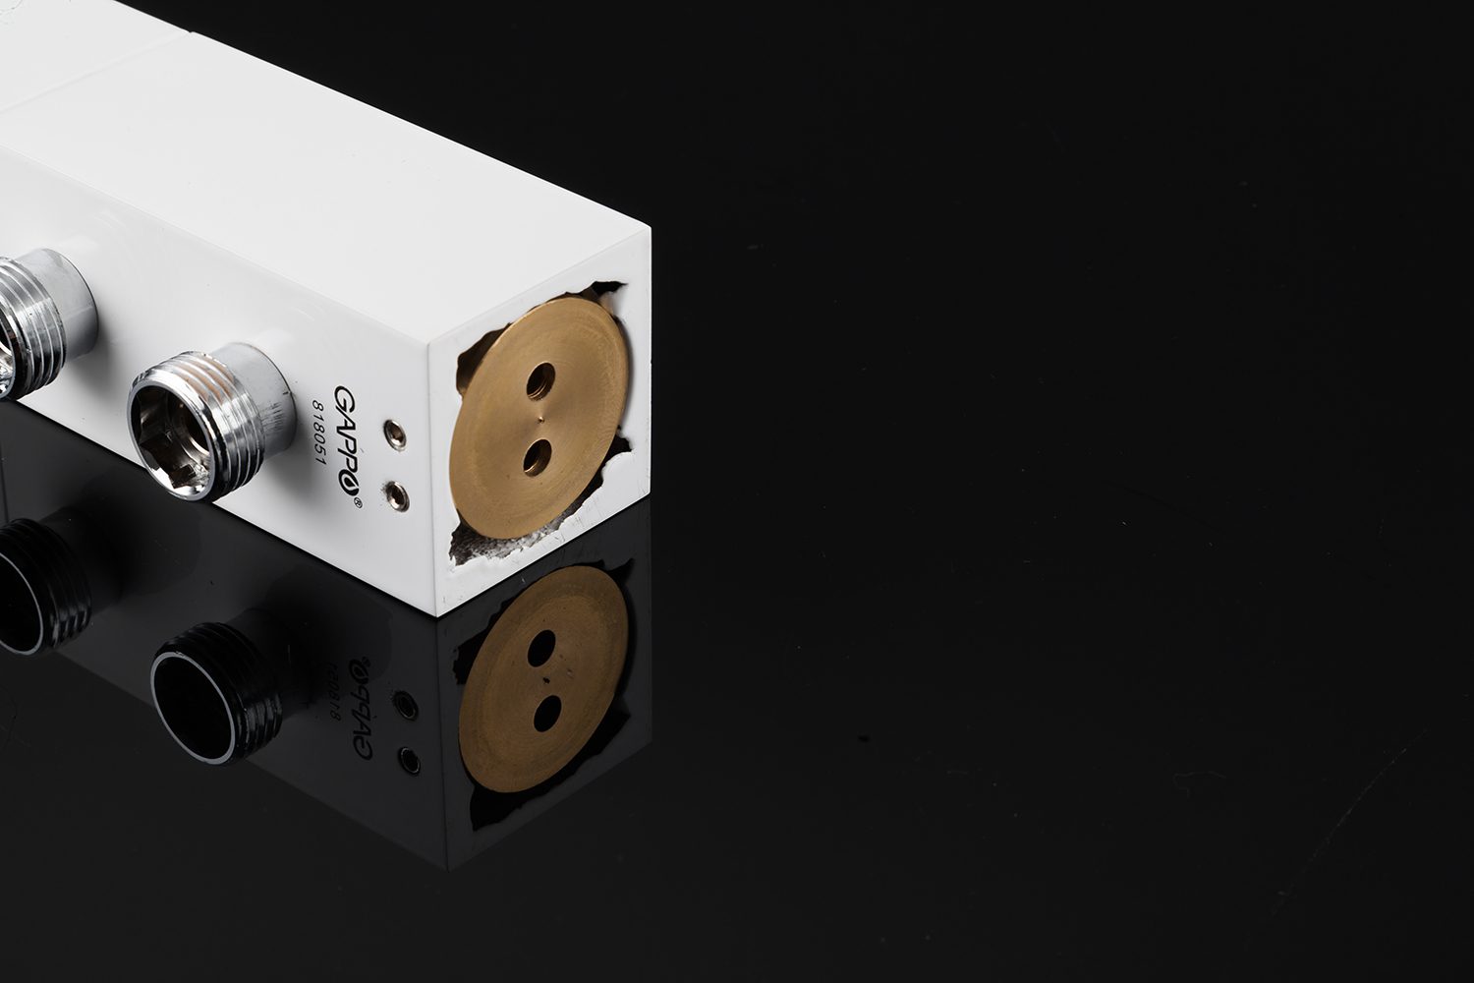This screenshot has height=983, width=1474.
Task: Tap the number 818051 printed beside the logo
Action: coord(319,432)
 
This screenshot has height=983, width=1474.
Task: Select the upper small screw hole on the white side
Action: coord(395,434)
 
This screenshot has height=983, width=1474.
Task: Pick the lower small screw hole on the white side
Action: coord(397,495)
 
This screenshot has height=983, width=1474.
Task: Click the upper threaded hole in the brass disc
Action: coord(540,381)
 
